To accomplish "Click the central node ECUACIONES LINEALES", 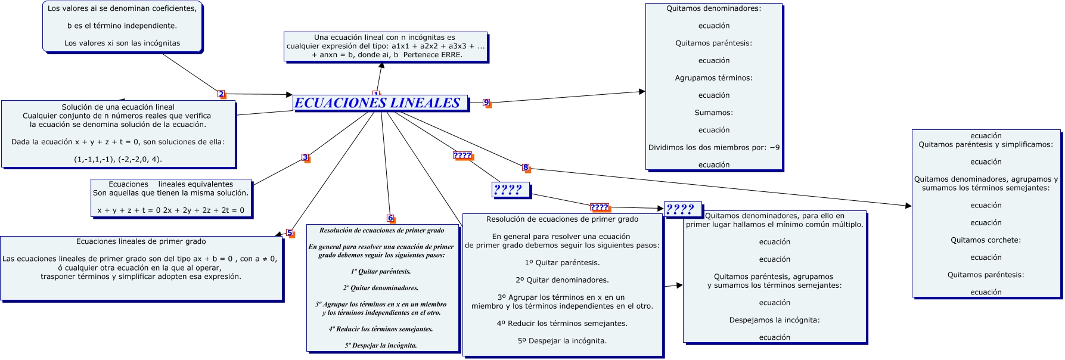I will click(x=377, y=103).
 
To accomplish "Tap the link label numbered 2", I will click(x=221, y=94).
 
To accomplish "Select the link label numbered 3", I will click(x=305, y=158).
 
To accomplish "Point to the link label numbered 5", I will click(x=290, y=233).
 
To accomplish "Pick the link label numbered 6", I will click(x=390, y=218).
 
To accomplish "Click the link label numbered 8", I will click(x=526, y=167).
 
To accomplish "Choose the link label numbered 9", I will click(x=486, y=103).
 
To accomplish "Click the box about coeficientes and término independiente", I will click(x=122, y=26).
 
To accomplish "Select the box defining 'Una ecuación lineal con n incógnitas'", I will click(x=385, y=46).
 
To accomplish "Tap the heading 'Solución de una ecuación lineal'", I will click(x=118, y=107).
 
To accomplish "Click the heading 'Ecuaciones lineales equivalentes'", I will click(x=170, y=184).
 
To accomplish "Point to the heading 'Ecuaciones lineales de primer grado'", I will click(x=141, y=241).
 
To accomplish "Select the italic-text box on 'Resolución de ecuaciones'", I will click(x=382, y=287).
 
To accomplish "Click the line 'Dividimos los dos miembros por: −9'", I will click(x=714, y=147).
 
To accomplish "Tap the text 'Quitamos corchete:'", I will click(x=986, y=240).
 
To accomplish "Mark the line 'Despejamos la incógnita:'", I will click(x=774, y=320).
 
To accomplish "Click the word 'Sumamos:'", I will click(x=713, y=113).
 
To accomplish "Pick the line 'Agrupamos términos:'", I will click(x=713, y=78).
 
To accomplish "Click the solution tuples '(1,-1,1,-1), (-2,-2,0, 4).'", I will click(x=118, y=159).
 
